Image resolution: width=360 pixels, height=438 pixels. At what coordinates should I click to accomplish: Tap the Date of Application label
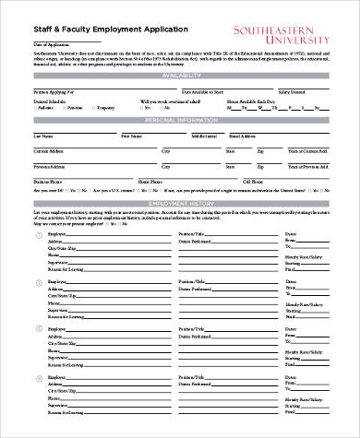pyautogui.click(x=51, y=44)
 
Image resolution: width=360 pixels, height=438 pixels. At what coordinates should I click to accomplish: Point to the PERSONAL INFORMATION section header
pyautogui.click(x=179, y=121)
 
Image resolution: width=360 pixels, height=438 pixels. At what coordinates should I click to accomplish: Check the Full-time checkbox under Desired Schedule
pyautogui.click(x=38, y=109)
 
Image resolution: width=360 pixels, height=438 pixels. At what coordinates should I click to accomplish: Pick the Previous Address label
pyautogui.click(x=51, y=166)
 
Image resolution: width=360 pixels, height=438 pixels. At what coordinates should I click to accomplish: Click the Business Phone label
pyautogui.click(x=48, y=182)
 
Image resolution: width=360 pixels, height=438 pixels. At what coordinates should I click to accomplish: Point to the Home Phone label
pyautogui.click(x=150, y=182)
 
